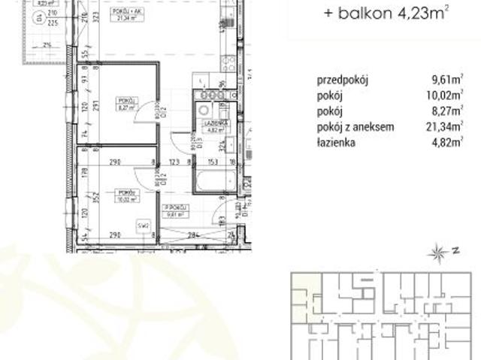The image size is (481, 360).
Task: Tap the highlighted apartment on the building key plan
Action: pyautogui.click(x=304, y=290)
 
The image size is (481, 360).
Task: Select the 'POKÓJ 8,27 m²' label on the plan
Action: pyautogui.click(x=125, y=104)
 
